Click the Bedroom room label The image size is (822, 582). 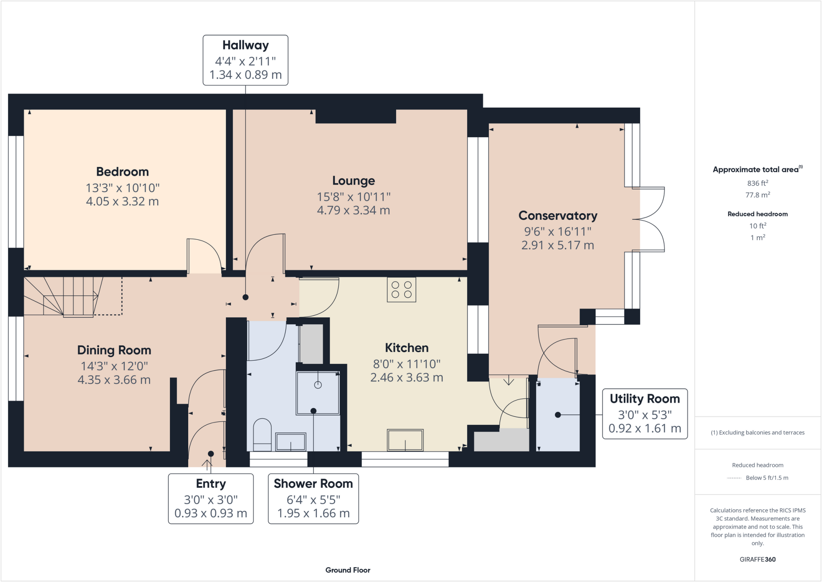(x=122, y=172)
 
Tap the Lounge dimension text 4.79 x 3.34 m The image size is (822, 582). (x=353, y=210)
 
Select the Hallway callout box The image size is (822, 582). (x=245, y=60)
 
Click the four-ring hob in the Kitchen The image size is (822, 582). (x=401, y=290)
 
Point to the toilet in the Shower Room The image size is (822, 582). (x=262, y=435)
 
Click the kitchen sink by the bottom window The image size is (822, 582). (x=405, y=440)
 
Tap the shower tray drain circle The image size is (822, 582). (x=318, y=385)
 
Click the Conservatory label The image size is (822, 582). (x=557, y=216)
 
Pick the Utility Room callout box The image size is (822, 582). (x=645, y=414)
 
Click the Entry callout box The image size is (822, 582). (x=211, y=498)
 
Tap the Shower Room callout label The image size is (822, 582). (x=313, y=484)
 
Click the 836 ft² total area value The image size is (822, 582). (x=757, y=183)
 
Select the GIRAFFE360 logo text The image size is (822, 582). (x=757, y=559)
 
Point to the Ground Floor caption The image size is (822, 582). (x=348, y=570)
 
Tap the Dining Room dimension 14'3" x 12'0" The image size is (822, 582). (x=114, y=366)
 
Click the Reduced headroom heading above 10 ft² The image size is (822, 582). (x=757, y=214)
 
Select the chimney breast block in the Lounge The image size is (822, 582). (x=356, y=116)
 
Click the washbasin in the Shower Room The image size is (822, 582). (x=291, y=442)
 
